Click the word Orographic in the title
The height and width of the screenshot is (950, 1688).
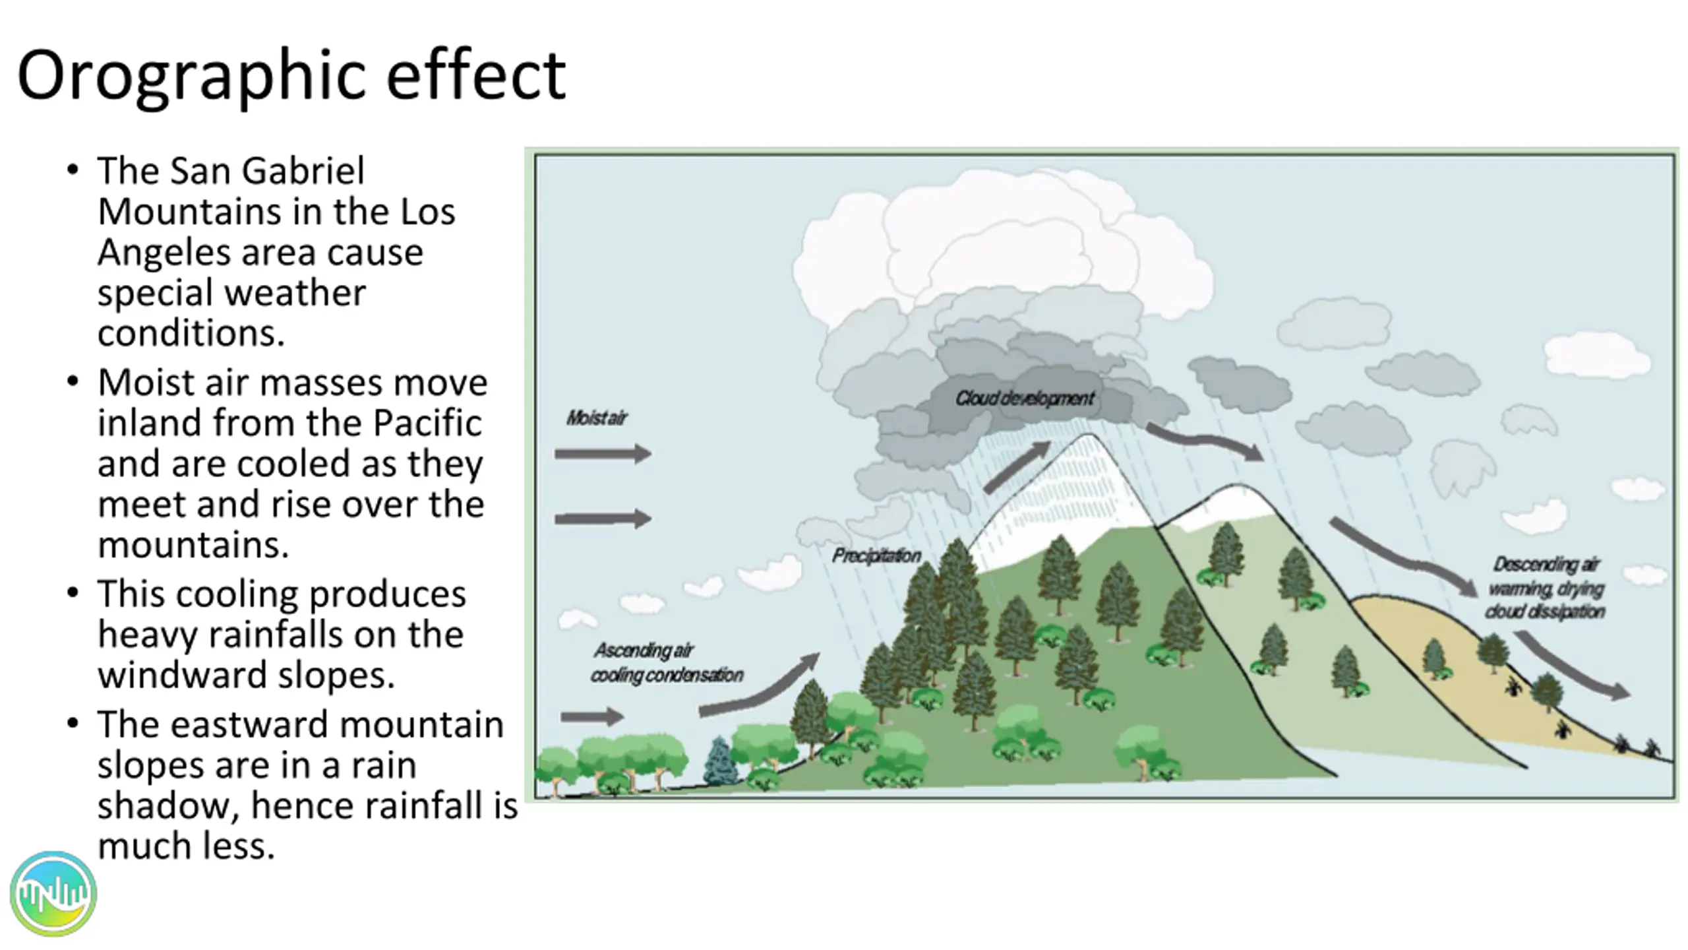coord(191,76)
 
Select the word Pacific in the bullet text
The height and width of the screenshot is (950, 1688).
coord(427,423)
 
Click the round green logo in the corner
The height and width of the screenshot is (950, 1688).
coord(53,894)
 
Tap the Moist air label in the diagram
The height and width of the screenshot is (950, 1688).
coord(597,418)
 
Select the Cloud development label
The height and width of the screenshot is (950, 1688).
coord(1024,398)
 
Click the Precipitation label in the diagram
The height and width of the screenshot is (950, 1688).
coord(876,556)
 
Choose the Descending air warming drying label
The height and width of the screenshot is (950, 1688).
coord(1545,588)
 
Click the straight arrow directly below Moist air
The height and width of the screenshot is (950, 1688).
coord(603,453)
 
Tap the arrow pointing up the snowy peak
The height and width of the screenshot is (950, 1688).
coord(1016,466)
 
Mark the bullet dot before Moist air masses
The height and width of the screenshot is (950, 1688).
coord(73,381)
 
